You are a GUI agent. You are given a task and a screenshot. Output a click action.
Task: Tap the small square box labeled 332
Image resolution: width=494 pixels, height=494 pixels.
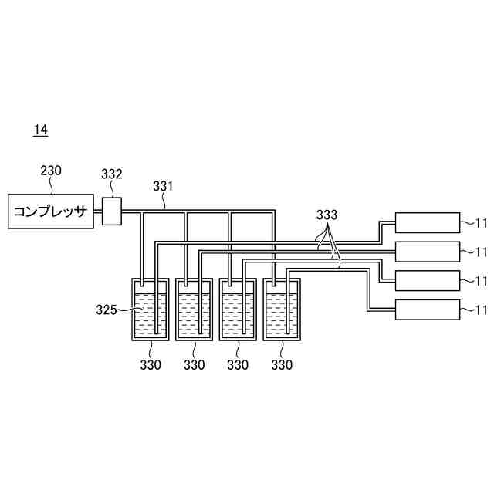tap(113, 211)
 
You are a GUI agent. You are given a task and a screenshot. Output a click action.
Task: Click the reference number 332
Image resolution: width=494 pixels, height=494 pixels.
tap(112, 174)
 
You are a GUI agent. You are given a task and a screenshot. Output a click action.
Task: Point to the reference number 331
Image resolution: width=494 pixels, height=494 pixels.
tap(163, 186)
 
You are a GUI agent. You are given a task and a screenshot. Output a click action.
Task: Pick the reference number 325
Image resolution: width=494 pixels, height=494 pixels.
tap(105, 310)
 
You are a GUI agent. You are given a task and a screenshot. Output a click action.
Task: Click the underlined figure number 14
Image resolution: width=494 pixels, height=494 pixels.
tap(40, 130)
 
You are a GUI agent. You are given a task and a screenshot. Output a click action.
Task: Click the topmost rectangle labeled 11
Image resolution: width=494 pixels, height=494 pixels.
tap(427, 222)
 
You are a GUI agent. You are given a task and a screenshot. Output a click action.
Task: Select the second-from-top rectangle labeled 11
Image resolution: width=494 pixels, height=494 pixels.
tap(427, 252)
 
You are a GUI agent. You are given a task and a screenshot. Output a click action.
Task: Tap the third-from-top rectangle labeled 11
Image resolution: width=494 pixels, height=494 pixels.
tap(427, 280)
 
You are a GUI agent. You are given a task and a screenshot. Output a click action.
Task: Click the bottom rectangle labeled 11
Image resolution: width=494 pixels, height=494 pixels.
tap(427, 310)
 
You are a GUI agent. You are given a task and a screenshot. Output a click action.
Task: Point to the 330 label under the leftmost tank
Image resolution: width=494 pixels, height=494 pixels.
tap(151, 365)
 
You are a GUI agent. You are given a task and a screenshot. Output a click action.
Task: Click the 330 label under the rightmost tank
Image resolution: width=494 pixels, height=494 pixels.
tap(282, 365)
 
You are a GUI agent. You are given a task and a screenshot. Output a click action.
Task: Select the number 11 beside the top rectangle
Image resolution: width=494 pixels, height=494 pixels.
tap(482, 223)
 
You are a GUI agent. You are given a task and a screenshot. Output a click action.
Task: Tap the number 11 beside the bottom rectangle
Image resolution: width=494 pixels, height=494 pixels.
tap(482, 310)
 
